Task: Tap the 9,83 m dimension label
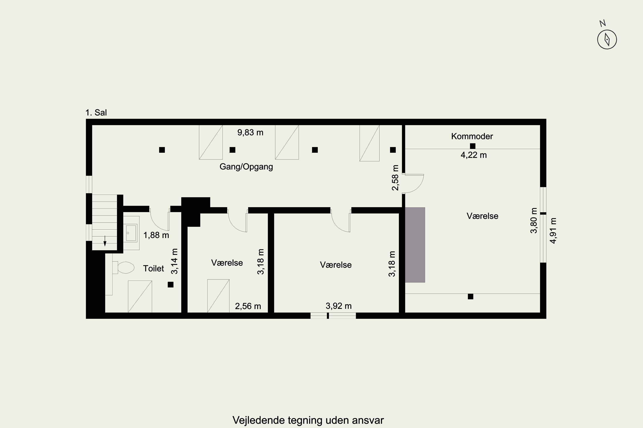click(250, 133)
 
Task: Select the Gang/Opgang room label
click(246, 166)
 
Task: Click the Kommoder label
click(472, 136)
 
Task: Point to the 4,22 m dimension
click(473, 155)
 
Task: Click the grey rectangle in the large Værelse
click(415, 245)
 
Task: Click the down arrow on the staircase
click(105, 241)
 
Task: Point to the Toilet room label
click(153, 268)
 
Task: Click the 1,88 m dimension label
click(156, 235)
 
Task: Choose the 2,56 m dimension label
click(248, 306)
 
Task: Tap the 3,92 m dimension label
click(338, 306)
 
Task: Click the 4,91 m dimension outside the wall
click(553, 231)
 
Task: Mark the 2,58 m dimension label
click(395, 178)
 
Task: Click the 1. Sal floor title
click(96, 113)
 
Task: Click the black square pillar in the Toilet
click(171, 285)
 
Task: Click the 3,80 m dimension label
click(534, 221)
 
